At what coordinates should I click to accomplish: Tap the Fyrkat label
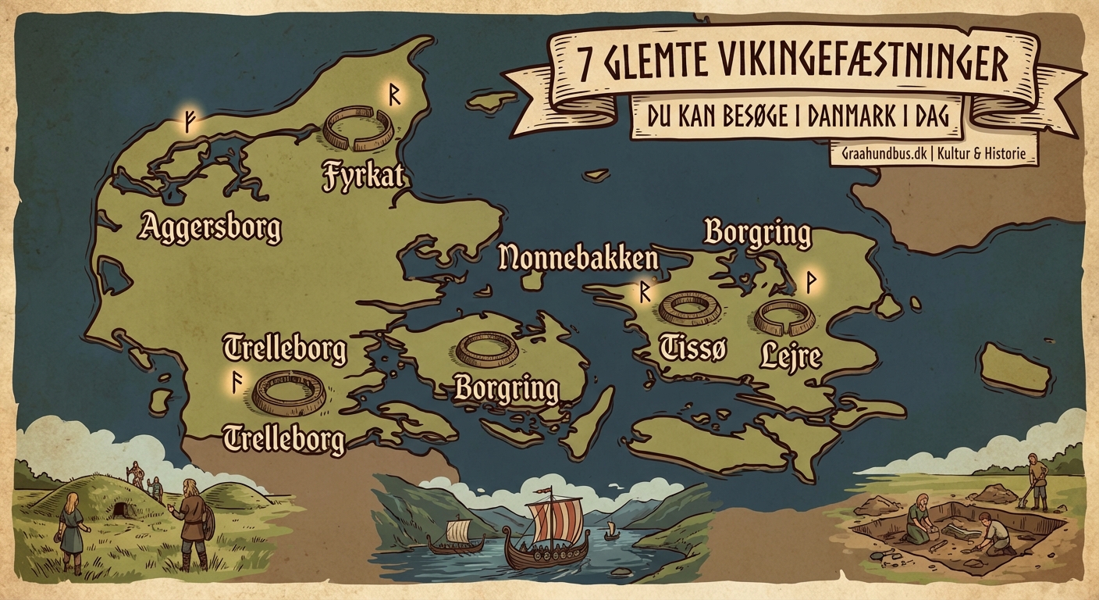pyautogui.click(x=365, y=175)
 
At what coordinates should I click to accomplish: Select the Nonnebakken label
pyautogui.click(x=578, y=257)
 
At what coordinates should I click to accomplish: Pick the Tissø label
pyautogui.click(x=693, y=348)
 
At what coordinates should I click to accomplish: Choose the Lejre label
pyautogui.click(x=790, y=356)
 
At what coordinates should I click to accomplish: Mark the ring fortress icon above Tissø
pyautogui.click(x=689, y=307)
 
